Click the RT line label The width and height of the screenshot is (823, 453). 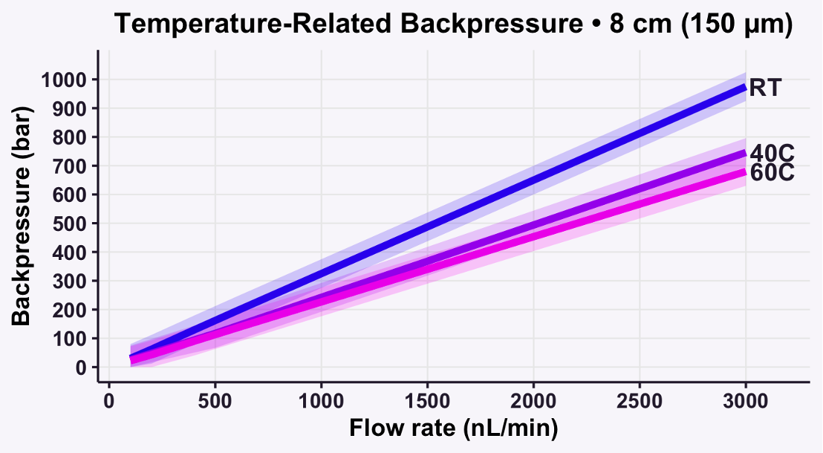pos(765,88)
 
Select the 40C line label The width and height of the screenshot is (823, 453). pos(772,154)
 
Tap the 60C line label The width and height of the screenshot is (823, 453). pos(772,173)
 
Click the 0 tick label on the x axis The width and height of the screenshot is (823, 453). pos(109,400)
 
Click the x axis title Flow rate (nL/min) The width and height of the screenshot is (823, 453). pos(453,428)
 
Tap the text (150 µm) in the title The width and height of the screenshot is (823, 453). pos(735,24)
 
